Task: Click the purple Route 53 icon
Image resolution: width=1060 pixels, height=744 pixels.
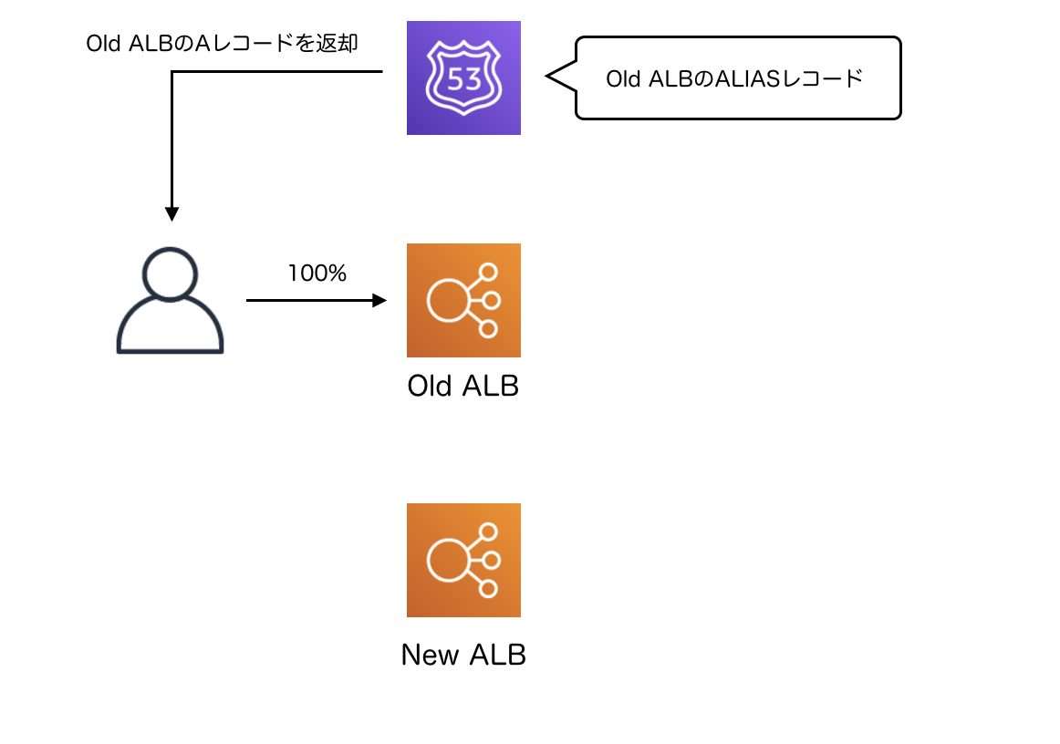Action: (x=463, y=78)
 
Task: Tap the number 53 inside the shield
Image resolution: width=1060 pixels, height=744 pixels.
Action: (x=464, y=79)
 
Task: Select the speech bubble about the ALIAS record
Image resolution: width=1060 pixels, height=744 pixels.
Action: (x=737, y=78)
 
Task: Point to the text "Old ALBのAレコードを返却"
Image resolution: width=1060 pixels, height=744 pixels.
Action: (x=221, y=44)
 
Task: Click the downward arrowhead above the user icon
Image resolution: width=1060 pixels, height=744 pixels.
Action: (x=171, y=212)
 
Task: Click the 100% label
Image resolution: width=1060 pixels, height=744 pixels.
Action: (x=317, y=274)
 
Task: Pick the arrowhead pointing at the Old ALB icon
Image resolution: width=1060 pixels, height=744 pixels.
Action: (x=380, y=300)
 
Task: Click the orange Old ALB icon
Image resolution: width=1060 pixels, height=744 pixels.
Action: (x=463, y=300)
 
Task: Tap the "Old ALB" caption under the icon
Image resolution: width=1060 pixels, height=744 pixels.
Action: (x=462, y=386)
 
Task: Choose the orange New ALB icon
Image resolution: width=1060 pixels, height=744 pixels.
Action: (x=463, y=560)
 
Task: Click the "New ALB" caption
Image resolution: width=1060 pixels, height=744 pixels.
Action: (x=463, y=655)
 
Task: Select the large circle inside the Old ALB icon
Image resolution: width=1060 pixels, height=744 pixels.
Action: (x=448, y=300)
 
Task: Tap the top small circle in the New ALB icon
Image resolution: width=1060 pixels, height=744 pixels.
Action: (x=488, y=532)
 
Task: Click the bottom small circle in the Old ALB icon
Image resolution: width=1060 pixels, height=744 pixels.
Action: (x=488, y=329)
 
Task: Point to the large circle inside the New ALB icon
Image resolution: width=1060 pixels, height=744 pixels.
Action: (x=448, y=560)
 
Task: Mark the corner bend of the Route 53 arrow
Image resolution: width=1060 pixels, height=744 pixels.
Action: (x=171, y=71)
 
